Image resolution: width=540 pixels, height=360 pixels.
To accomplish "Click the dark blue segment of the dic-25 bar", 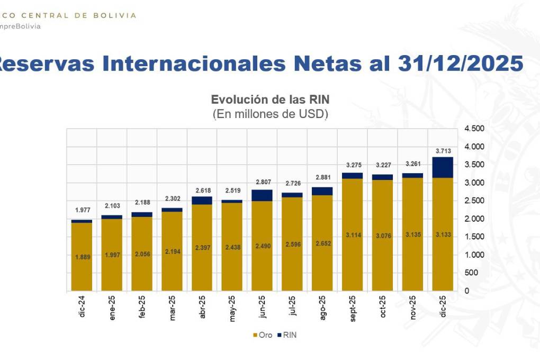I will pos(443,167).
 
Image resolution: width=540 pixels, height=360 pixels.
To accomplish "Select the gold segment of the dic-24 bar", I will pos(82,257).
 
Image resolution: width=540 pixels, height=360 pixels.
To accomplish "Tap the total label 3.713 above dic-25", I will pos(443,151).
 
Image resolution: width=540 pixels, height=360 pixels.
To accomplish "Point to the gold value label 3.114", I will pos(353,235).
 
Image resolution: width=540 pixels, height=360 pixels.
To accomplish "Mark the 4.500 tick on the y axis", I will pos(474,129).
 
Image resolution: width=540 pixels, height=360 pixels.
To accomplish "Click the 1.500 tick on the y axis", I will pos(474,237).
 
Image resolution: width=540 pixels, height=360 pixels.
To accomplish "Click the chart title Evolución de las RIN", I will pos(270,100).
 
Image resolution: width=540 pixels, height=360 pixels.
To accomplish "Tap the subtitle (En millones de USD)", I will pos(270,113).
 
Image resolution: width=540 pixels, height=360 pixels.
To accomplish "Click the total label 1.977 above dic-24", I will pos(82,210).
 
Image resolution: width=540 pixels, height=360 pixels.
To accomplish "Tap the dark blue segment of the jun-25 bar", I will pos(263,195).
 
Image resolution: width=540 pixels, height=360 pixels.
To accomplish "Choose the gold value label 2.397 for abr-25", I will pos(202,248).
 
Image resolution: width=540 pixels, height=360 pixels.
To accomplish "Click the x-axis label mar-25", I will pos(172,307).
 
